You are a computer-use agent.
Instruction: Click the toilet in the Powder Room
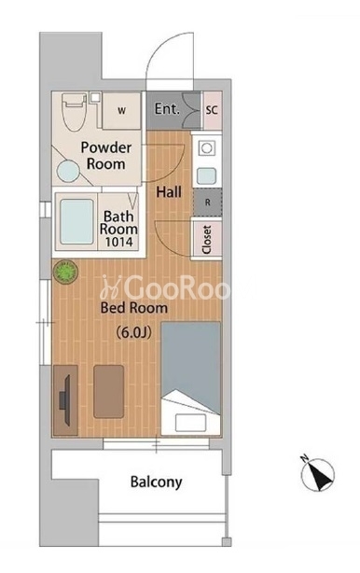pyautogui.click(x=75, y=111)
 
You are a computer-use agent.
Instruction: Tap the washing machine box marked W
pyautogui.click(x=121, y=110)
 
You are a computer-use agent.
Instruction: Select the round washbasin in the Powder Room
pyautogui.click(x=68, y=172)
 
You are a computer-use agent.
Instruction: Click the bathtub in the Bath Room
pyautogui.click(x=76, y=221)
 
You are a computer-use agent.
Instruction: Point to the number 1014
pyautogui.click(x=119, y=242)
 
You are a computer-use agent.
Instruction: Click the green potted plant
pyautogui.click(x=65, y=272)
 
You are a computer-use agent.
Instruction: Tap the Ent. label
pyautogui.click(x=167, y=109)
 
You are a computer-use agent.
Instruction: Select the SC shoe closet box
pyautogui.click(x=212, y=110)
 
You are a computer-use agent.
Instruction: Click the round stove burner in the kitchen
pyautogui.click(x=206, y=148)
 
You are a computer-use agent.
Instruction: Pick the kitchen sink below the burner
pyautogui.click(x=206, y=176)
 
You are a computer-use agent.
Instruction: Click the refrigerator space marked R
pyautogui.click(x=207, y=203)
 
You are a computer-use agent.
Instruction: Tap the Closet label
pyautogui.click(x=207, y=240)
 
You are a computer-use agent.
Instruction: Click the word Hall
pyautogui.click(x=169, y=192)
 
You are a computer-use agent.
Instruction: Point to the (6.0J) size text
pyautogui.click(x=133, y=332)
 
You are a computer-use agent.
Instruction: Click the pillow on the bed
pyautogui.click(x=190, y=423)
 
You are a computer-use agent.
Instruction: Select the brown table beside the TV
pyautogui.click(x=108, y=391)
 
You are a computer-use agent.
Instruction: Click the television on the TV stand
pyautogui.click(x=65, y=400)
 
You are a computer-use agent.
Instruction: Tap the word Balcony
pyautogui.click(x=157, y=482)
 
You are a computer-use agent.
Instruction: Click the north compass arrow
pyautogui.click(x=318, y=475)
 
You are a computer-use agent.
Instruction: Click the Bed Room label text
pyautogui.click(x=134, y=308)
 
